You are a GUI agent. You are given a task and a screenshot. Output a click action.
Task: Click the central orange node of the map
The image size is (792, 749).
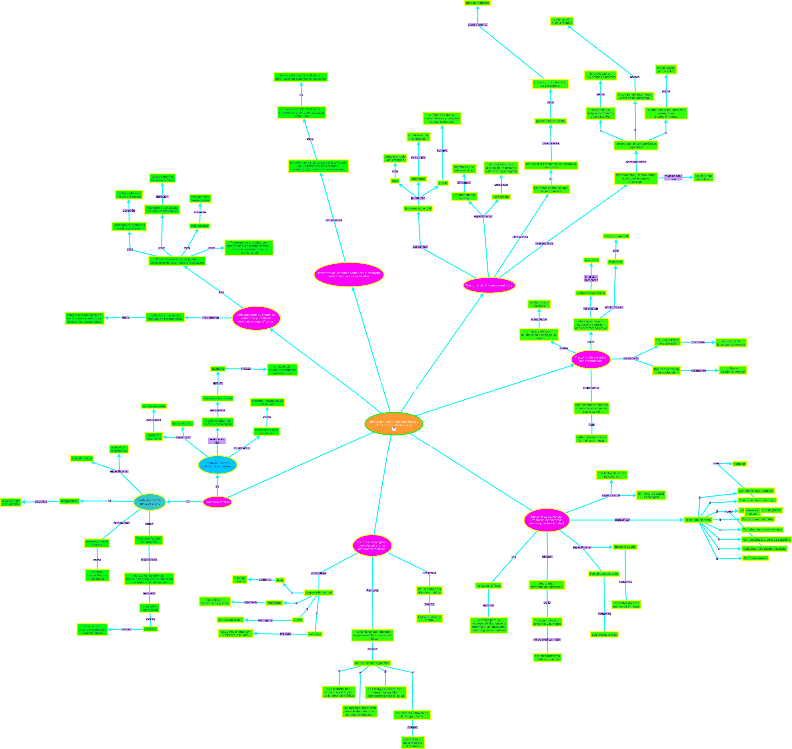click(394, 423)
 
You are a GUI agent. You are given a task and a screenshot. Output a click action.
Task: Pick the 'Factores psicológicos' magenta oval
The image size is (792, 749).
click(372, 545)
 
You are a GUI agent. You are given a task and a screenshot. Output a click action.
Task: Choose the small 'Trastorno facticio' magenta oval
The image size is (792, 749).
click(217, 502)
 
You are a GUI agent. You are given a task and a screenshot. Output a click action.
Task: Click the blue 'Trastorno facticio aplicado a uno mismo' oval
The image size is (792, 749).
click(217, 465)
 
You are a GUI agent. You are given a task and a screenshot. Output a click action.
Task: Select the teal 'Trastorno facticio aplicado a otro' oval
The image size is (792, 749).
click(150, 502)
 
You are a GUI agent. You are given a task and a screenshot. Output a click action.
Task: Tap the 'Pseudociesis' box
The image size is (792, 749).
click(200, 226)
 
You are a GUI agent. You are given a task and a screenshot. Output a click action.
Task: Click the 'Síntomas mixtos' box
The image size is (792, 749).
click(755, 558)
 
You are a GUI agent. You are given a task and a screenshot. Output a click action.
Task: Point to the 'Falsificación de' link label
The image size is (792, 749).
click(217, 441)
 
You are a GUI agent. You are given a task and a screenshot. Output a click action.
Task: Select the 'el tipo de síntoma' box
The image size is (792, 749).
click(698, 520)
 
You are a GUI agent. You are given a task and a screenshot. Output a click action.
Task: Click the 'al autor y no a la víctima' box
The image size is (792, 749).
click(11, 502)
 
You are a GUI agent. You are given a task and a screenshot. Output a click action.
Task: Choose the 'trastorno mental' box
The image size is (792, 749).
click(616, 236)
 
